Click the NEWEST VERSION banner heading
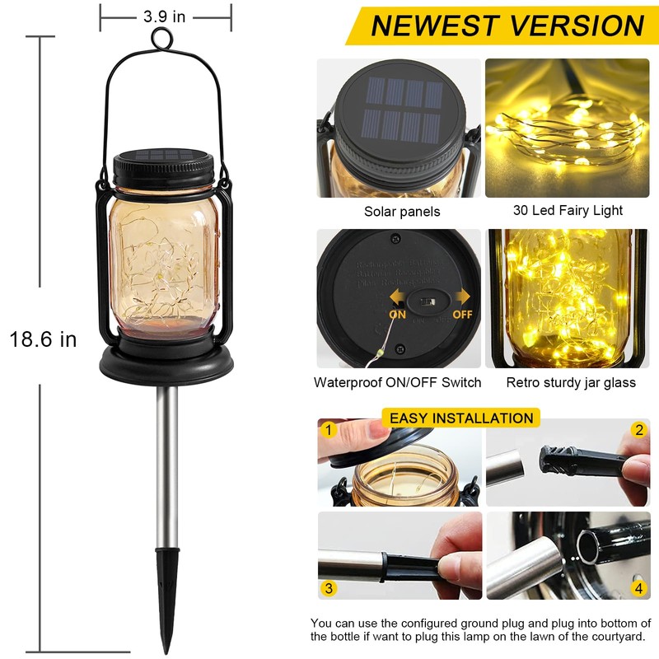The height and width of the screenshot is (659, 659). (x=507, y=26)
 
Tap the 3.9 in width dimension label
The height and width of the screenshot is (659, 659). (x=164, y=16)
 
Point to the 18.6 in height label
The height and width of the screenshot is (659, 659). (x=43, y=338)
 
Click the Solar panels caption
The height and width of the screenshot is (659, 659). (x=402, y=212)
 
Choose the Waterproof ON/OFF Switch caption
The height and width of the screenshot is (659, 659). (x=397, y=382)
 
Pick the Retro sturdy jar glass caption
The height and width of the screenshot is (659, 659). (x=571, y=382)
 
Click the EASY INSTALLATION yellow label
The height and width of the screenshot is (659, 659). (x=460, y=418)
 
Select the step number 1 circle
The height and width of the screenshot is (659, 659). (x=329, y=429)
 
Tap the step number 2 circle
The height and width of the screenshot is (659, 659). (x=638, y=429)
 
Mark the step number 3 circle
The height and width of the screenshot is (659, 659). (x=329, y=588)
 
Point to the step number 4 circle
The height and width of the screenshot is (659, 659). (x=638, y=588)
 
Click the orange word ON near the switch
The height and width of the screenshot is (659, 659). (x=397, y=314)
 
